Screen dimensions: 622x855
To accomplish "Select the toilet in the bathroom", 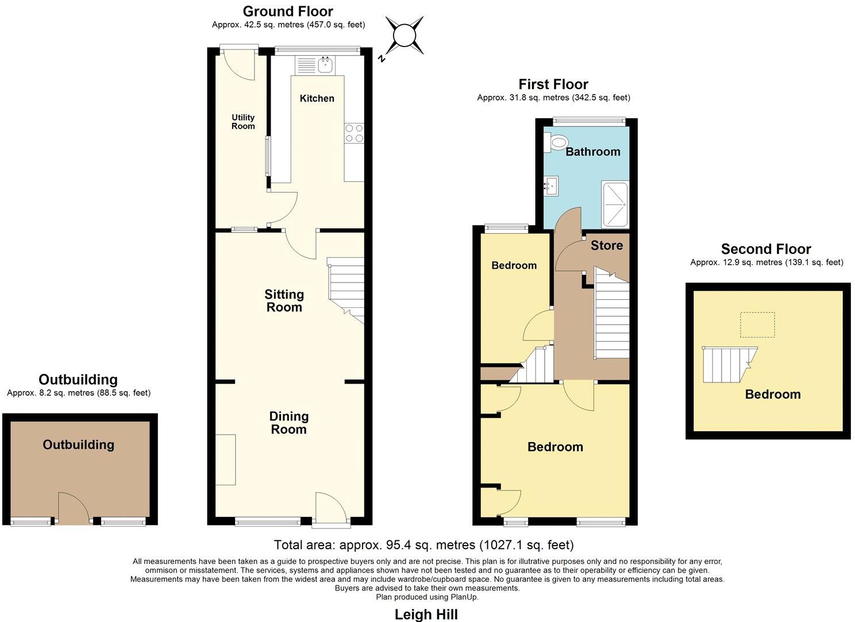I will (556, 142).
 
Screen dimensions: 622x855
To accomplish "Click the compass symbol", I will (405, 36).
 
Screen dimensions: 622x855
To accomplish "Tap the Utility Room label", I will (243, 122).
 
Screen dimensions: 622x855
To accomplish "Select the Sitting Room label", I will (284, 301).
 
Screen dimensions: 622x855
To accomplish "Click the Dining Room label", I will (288, 423).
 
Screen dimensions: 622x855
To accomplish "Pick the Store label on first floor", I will (607, 246).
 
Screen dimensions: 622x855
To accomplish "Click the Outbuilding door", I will (74, 509).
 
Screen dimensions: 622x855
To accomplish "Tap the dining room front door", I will (331, 508).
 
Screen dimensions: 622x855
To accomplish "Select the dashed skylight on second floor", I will (757, 325).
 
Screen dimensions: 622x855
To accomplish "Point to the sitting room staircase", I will (346, 289).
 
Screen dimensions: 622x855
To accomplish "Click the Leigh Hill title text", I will (426, 615).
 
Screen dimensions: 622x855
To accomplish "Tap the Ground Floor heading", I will (288, 11).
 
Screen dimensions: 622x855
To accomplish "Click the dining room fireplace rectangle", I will (225, 460).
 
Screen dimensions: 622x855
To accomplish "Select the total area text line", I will (423, 544).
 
